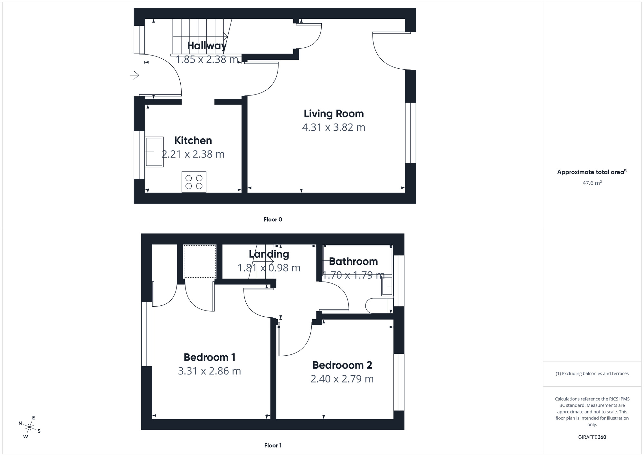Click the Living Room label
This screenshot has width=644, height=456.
(334, 114)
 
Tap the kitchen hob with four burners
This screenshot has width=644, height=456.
(194, 182)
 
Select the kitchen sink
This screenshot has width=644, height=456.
(154, 152)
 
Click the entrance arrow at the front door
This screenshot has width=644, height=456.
(134, 75)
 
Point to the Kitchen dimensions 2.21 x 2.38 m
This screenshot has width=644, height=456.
(193, 154)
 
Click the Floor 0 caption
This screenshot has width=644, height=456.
(273, 219)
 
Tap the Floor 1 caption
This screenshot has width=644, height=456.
(273, 445)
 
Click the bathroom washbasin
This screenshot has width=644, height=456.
(387, 286)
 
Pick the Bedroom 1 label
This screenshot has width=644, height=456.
(209, 357)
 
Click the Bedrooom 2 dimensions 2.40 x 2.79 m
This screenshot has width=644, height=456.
(342, 379)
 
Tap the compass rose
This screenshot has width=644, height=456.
(30, 428)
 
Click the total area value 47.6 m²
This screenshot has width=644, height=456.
(592, 183)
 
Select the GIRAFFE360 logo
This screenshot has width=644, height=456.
(592, 437)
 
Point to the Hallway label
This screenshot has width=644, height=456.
(207, 45)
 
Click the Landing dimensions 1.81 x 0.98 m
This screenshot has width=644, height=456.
(269, 268)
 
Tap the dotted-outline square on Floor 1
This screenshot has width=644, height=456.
(200, 261)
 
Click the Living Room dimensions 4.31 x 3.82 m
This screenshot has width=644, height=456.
(334, 127)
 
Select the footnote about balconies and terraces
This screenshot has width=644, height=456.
(592, 373)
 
